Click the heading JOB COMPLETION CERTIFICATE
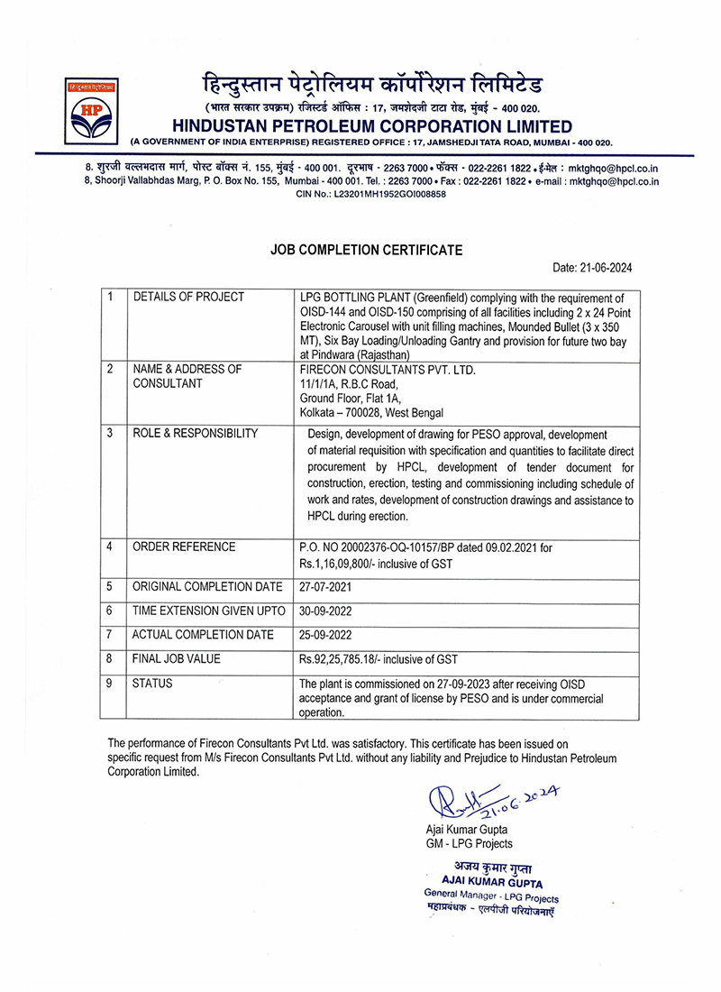coord(367,250)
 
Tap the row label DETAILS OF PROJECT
coord(188,297)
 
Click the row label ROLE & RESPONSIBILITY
coord(196,434)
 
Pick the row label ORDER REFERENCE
coord(184,547)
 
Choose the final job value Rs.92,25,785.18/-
coord(352,659)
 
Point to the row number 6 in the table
coord(109,611)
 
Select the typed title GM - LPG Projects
coord(469,843)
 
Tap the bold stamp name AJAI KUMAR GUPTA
coord(492,883)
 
